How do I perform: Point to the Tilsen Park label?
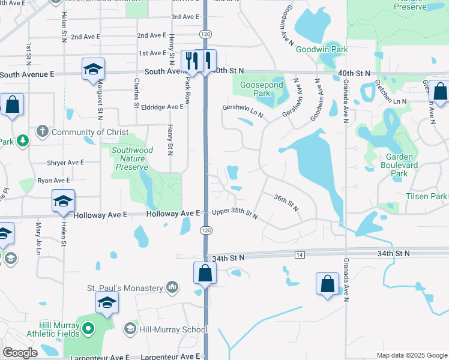(426, 196)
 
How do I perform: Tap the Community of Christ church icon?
(42, 131)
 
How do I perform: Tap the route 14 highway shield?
(300, 255)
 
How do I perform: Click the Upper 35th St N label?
(234, 213)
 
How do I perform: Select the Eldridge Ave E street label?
(161, 107)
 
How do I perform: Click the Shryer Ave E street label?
(65, 163)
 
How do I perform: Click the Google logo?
(20, 353)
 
